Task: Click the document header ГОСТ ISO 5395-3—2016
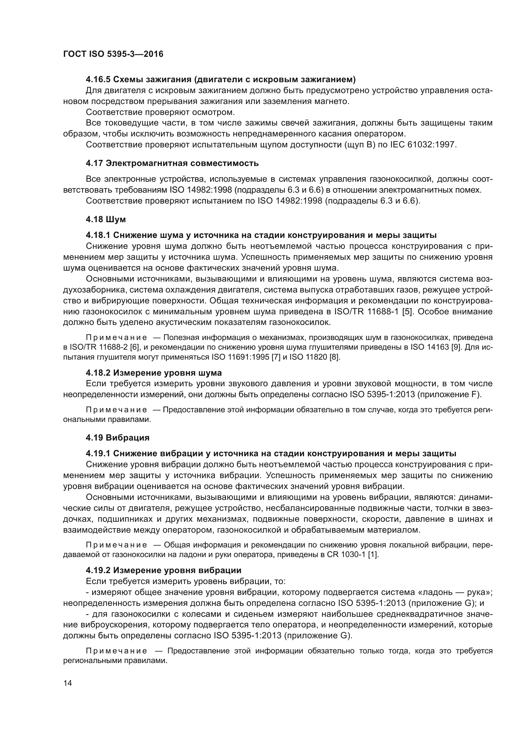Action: [113, 54]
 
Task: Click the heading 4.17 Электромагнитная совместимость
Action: [172, 163]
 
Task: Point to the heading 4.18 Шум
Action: [106, 219]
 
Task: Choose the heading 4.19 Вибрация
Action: [118, 438]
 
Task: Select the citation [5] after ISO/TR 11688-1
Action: [407, 311]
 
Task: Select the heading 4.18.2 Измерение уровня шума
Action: [154, 373]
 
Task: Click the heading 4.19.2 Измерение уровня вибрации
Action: [163, 571]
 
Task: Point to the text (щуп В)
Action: [360, 144]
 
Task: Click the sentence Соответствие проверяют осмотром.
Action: [160, 112]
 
